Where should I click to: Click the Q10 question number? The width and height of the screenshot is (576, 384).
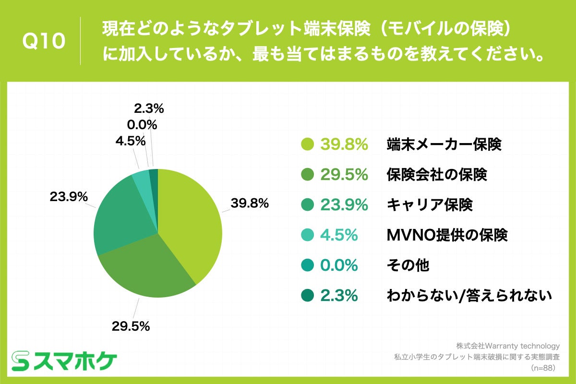pos(44,42)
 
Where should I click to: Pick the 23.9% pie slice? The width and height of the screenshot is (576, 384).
pos(120,216)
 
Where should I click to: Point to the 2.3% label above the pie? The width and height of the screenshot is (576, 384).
pos(149,109)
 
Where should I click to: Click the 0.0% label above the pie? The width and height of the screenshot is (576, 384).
pos(142,125)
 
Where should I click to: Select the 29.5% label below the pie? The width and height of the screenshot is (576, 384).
pos(131,326)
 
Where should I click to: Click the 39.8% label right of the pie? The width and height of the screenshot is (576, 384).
pos(249,203)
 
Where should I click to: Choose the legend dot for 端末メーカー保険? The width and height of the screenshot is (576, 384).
pos(307,144)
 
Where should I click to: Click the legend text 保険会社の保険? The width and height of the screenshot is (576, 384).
pos(437,175)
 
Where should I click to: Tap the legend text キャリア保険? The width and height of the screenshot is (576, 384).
pos(430,205)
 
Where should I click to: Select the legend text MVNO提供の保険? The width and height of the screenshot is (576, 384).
pos(447,235)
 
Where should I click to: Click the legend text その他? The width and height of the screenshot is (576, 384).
pos(408,265)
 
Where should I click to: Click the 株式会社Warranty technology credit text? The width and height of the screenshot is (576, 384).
pos(508,346)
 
